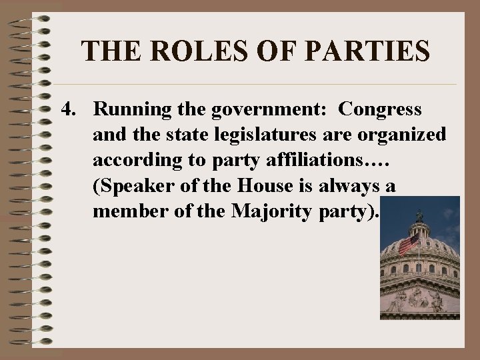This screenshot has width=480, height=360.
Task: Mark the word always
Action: (x=355, y=186)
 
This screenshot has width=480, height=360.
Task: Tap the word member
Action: (x=125, y=212)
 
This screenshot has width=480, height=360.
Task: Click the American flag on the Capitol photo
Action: (x=407, y=243)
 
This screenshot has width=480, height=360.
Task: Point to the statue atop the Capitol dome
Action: (x=419, y=215)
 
